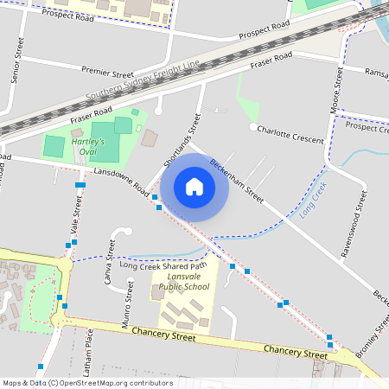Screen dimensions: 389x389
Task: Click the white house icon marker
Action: [194, 187]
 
